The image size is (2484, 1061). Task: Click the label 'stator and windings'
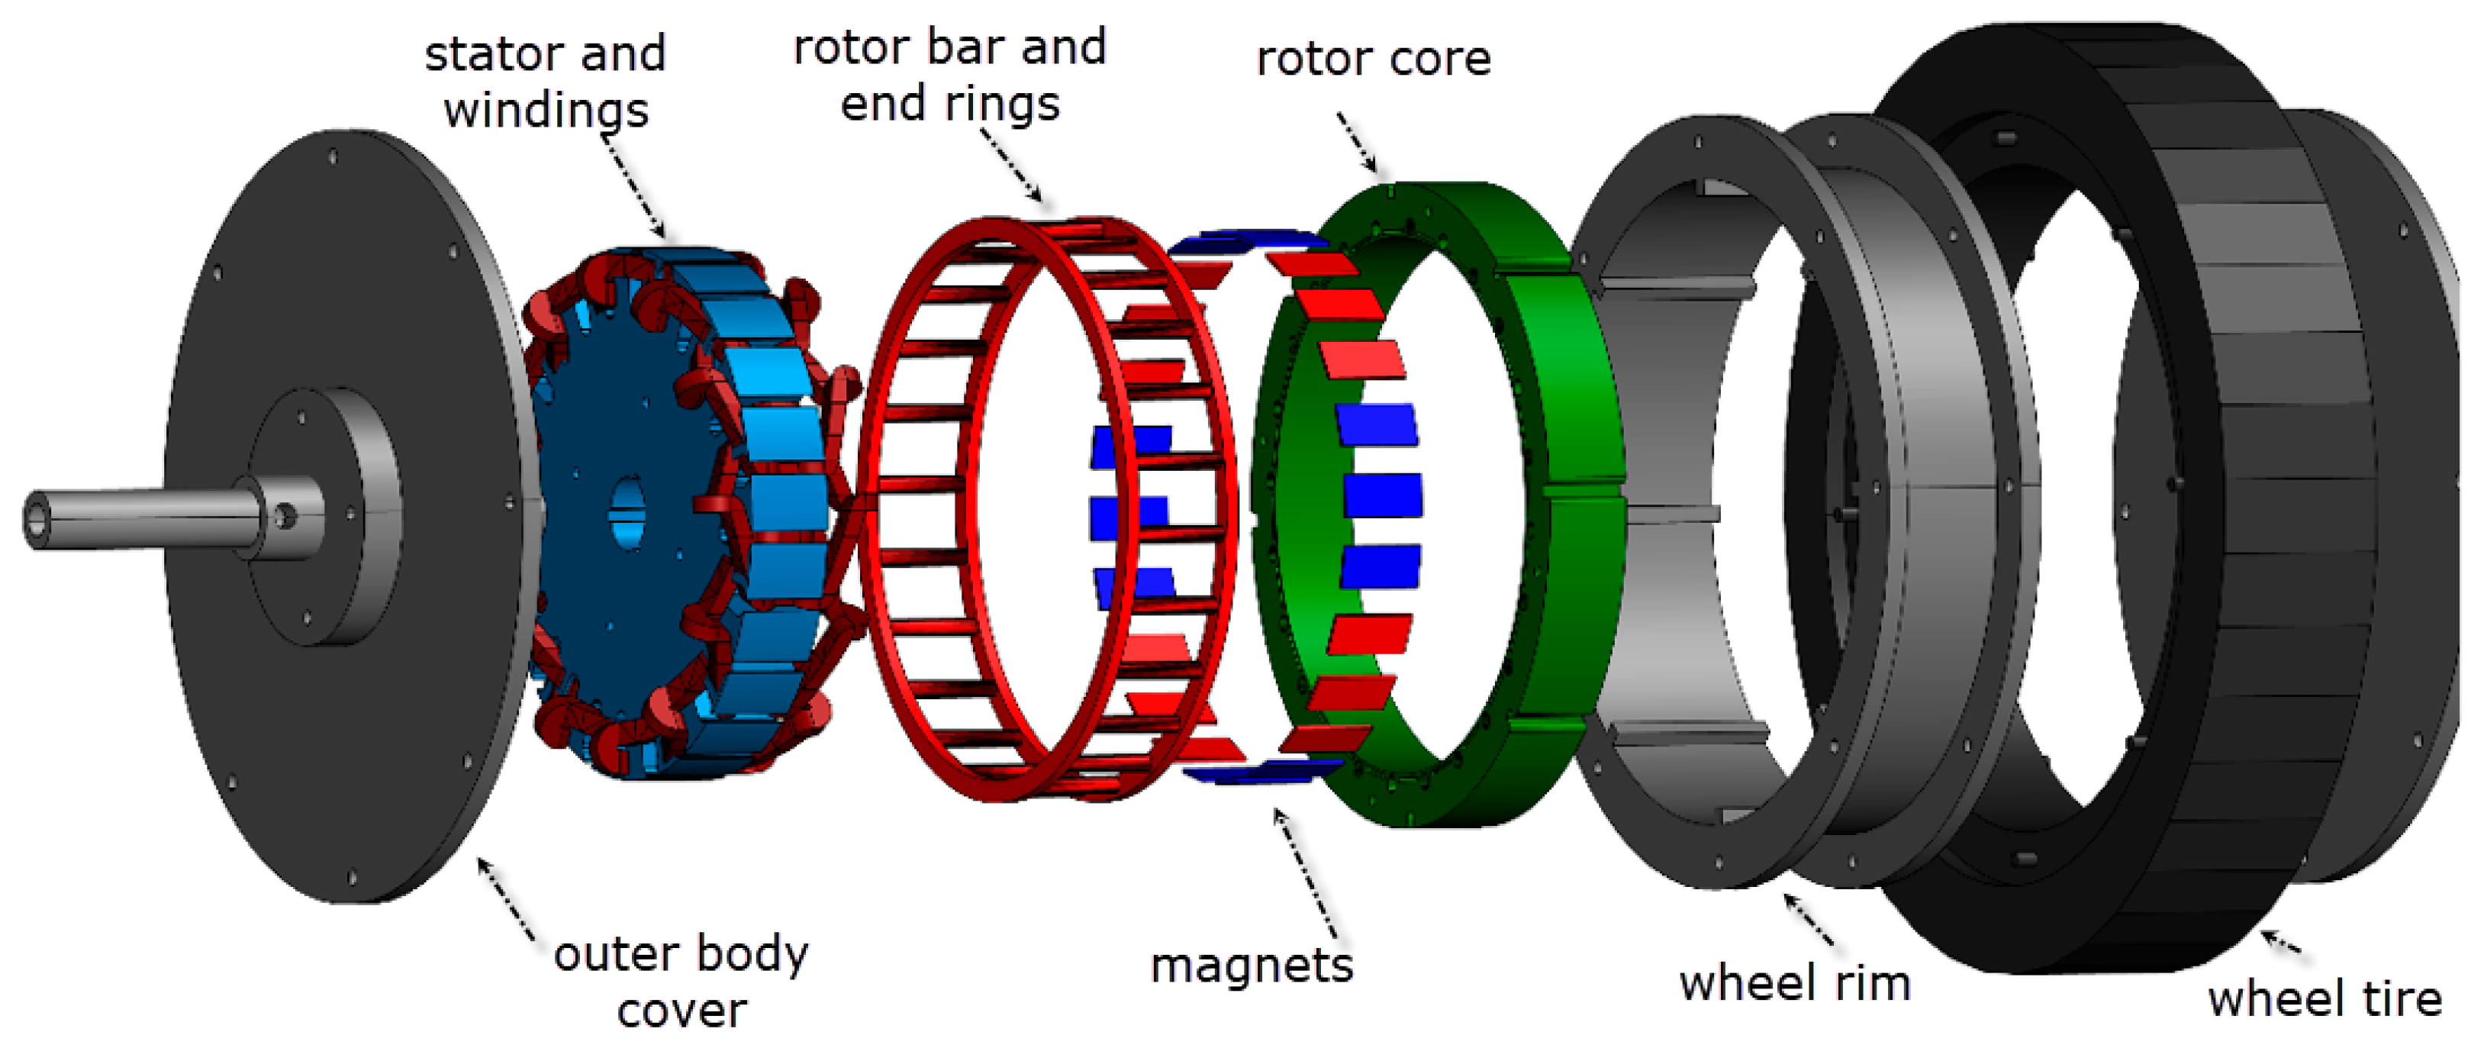[546, 81]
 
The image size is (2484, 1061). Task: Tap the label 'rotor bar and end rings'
[950, 76]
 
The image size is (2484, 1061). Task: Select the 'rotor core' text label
[1373, 59]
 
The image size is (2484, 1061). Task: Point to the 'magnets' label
[1252, 966]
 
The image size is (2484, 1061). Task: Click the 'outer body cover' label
[681, 982]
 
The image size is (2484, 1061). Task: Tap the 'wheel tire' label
[2324, 999]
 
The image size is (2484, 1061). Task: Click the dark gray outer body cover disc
[385, 753]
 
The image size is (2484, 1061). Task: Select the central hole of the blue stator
[627, 511]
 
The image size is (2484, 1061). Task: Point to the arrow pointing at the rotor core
[1358, 143]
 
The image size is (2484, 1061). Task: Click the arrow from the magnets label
[1306, 873]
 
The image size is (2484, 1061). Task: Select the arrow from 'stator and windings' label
[633, 188]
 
